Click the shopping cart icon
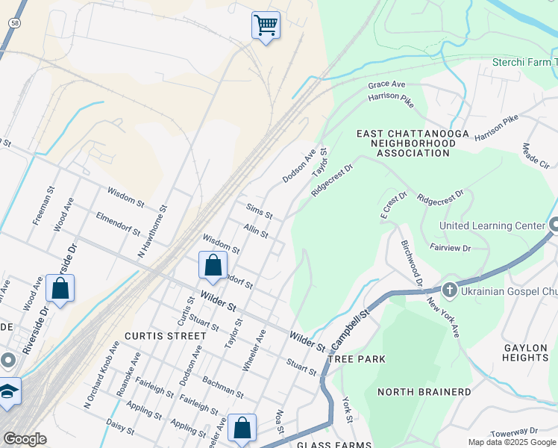tap(266, 25)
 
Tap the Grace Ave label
tap(386, 85)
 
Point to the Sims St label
tap(259, 210)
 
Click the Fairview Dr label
tap(450, 247)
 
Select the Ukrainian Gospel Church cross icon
tap(449, 289)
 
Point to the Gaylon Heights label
tap(526, 352)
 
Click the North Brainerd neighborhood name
tap(424, 392)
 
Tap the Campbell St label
tap(351, 331)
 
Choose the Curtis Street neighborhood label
tap(165, 336)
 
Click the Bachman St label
tap(222, 386)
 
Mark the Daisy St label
tap(119, 426)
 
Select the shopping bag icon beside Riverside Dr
tap(60, 288)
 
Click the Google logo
tap(25, 438)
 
